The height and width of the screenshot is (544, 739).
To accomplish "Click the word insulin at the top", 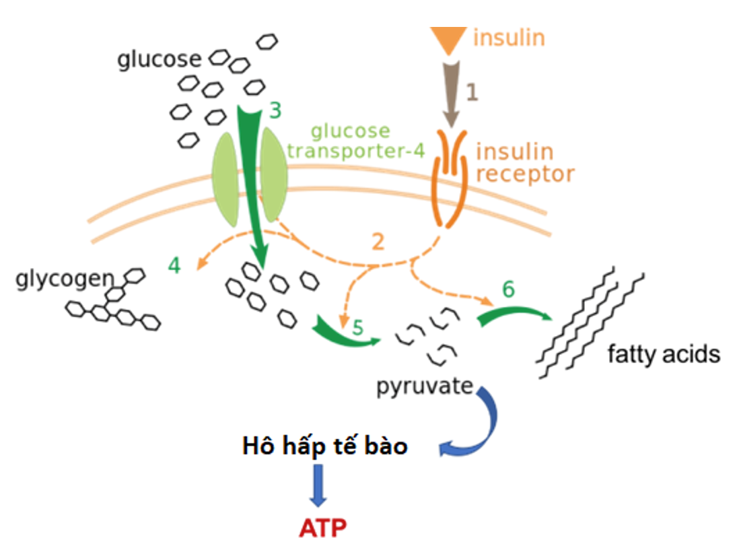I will [508, 37].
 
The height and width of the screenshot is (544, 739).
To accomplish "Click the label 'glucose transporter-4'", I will [356, 140].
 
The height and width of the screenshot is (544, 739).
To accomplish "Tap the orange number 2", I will [379, 240].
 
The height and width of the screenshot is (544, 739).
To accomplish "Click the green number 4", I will [174, 266].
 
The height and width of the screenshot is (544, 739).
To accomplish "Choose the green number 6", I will [509, 290].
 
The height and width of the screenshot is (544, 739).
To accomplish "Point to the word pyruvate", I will [425, 387].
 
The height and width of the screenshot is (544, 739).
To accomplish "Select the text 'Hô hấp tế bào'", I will [325, 446].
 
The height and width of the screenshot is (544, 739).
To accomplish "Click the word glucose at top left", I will [160, 60].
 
